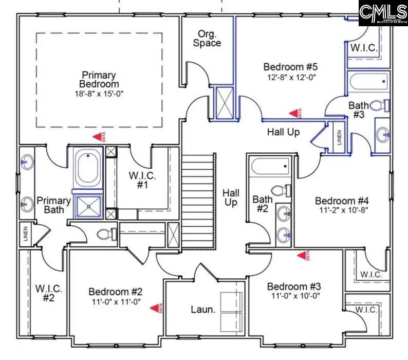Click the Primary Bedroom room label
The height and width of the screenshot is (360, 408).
tap(99, 79)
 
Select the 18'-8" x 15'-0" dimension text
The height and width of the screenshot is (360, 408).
tap(99, 94)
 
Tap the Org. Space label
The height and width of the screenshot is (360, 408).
tap(207, 38)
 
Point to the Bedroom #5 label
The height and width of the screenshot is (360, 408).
tap(291, 67)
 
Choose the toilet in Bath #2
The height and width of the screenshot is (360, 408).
tap(280, 190)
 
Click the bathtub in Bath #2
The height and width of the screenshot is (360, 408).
tap(270, 166)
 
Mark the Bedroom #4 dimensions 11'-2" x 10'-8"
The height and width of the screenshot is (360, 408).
tap(342, 210)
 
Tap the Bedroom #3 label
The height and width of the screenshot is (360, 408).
tap(293, 286)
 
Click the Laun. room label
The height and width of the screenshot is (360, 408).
tap(202, 309)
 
